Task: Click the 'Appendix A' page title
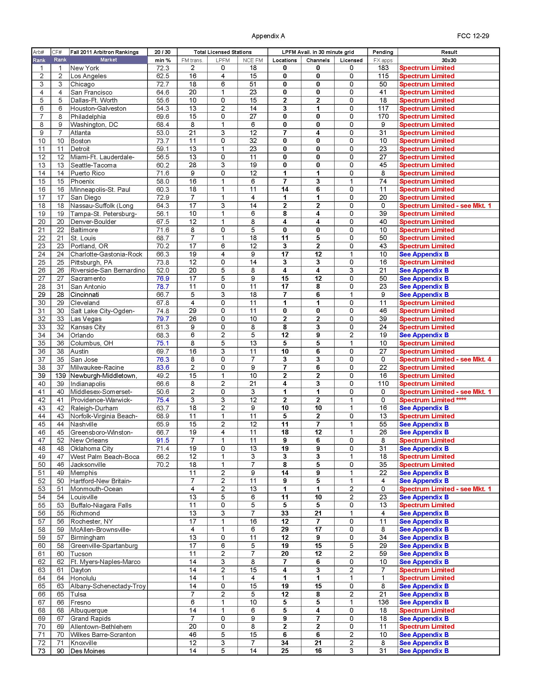[x=268, y=36]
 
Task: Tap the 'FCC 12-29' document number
[x=473, y=36]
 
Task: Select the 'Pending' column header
[x=383, y=52]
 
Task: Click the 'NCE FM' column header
[x=253, y=60]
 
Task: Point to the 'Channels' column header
[x=317, y=60]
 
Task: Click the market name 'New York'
[x=85, y=68]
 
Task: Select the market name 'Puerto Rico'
[x=87, y=173]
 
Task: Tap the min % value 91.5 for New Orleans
[x=163, y=440]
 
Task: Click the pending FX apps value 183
[x=383, y=68]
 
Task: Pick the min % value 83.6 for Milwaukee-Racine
[x=163, y=368]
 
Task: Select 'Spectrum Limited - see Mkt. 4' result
[x=445, y=359]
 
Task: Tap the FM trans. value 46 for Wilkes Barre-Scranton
[x=192, y=635]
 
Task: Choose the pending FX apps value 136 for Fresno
[x=383, y=602]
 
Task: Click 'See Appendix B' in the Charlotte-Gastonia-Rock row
[x=424, y=254]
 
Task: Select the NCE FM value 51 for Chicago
[x=253, y=84]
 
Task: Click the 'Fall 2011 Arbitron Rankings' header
[x=104, y=52]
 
